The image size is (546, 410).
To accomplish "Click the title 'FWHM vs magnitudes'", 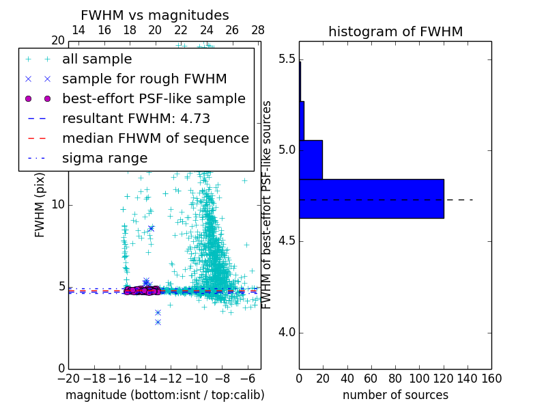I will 155,15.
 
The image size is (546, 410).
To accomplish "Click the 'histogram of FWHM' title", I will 395,31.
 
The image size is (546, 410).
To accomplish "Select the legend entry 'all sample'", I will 97,59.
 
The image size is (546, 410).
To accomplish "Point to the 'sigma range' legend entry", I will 104,158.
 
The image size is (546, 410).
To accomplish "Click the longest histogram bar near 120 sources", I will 371,199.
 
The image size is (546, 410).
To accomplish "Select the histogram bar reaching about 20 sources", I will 311,160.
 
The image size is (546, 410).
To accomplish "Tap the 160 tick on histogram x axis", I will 491,378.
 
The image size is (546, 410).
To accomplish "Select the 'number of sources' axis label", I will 395,395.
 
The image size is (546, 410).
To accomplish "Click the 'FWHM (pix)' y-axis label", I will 40,205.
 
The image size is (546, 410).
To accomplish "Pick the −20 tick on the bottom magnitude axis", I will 68,378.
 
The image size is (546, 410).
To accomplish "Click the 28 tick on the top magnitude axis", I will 258,30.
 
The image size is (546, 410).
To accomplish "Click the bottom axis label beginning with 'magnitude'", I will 164,395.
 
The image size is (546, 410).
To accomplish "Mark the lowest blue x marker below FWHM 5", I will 158,322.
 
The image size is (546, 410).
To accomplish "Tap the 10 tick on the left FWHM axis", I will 58,205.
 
